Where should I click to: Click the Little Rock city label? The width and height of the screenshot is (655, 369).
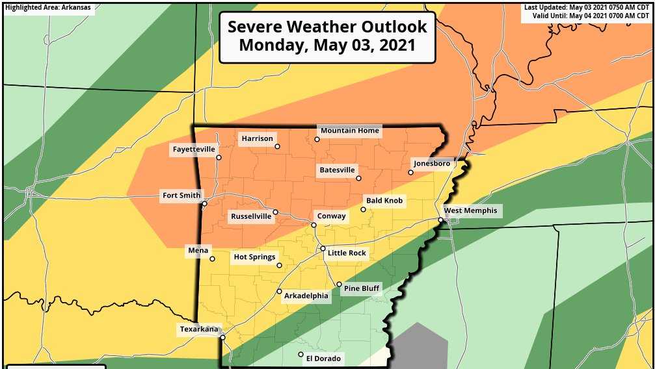(347, 253)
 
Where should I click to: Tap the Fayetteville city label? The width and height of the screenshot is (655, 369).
(193, 149)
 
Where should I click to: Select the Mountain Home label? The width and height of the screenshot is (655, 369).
(349, 131)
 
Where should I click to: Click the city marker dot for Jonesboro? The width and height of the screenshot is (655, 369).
(410, 172)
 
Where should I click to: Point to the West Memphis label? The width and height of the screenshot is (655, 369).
(470, 210)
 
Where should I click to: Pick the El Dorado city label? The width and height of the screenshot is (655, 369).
(323, 358)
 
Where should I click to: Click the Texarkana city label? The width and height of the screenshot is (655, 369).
(200, 329)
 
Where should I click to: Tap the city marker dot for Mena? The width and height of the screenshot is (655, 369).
(212, 259)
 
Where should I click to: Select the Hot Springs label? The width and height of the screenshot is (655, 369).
(254, 257)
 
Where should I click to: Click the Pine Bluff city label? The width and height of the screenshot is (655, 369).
(361, 288)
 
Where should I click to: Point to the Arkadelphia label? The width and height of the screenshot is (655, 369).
(306, 296)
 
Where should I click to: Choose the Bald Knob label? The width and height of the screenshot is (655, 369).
(384, 201)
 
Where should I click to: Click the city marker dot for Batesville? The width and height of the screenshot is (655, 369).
(358, 178)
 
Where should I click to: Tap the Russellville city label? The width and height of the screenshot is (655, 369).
(251, 217)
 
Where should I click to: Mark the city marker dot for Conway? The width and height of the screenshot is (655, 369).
(314, 225)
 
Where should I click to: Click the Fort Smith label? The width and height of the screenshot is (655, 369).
(181, 195)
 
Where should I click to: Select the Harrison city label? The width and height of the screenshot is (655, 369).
(257, 138)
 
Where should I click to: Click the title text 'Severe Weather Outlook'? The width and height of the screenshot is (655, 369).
(327, 27)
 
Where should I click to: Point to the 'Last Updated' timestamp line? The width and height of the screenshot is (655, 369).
(587, 8)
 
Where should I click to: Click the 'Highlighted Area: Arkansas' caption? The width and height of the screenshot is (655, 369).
(47, 8)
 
